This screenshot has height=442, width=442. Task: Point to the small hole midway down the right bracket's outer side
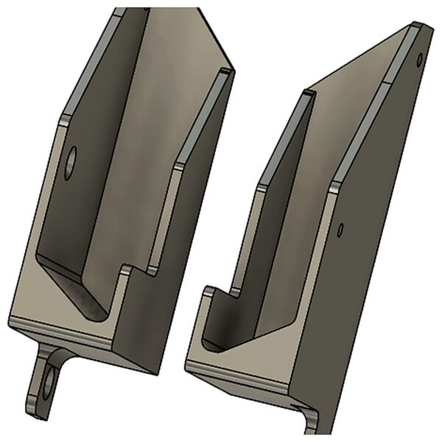click(340, 230)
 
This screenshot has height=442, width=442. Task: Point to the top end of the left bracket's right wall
click(224, 71)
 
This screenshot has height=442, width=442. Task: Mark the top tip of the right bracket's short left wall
click(309, 94)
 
